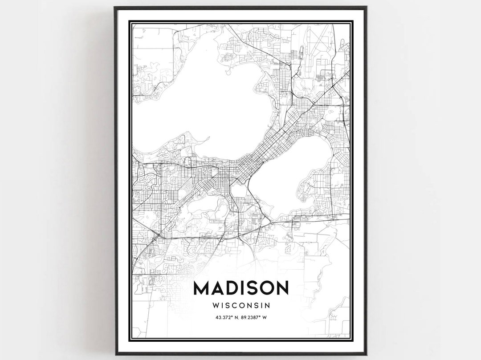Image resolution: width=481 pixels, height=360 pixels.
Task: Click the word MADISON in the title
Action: [x=240, y=288]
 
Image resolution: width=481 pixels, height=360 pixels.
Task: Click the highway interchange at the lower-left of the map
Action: [x=155, y=236]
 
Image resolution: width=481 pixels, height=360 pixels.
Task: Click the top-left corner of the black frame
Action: [x=115, y=8]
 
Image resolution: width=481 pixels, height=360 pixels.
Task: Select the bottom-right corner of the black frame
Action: [x=366, y=354]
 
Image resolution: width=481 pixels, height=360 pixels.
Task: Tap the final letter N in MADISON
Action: [x=282, y=288]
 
